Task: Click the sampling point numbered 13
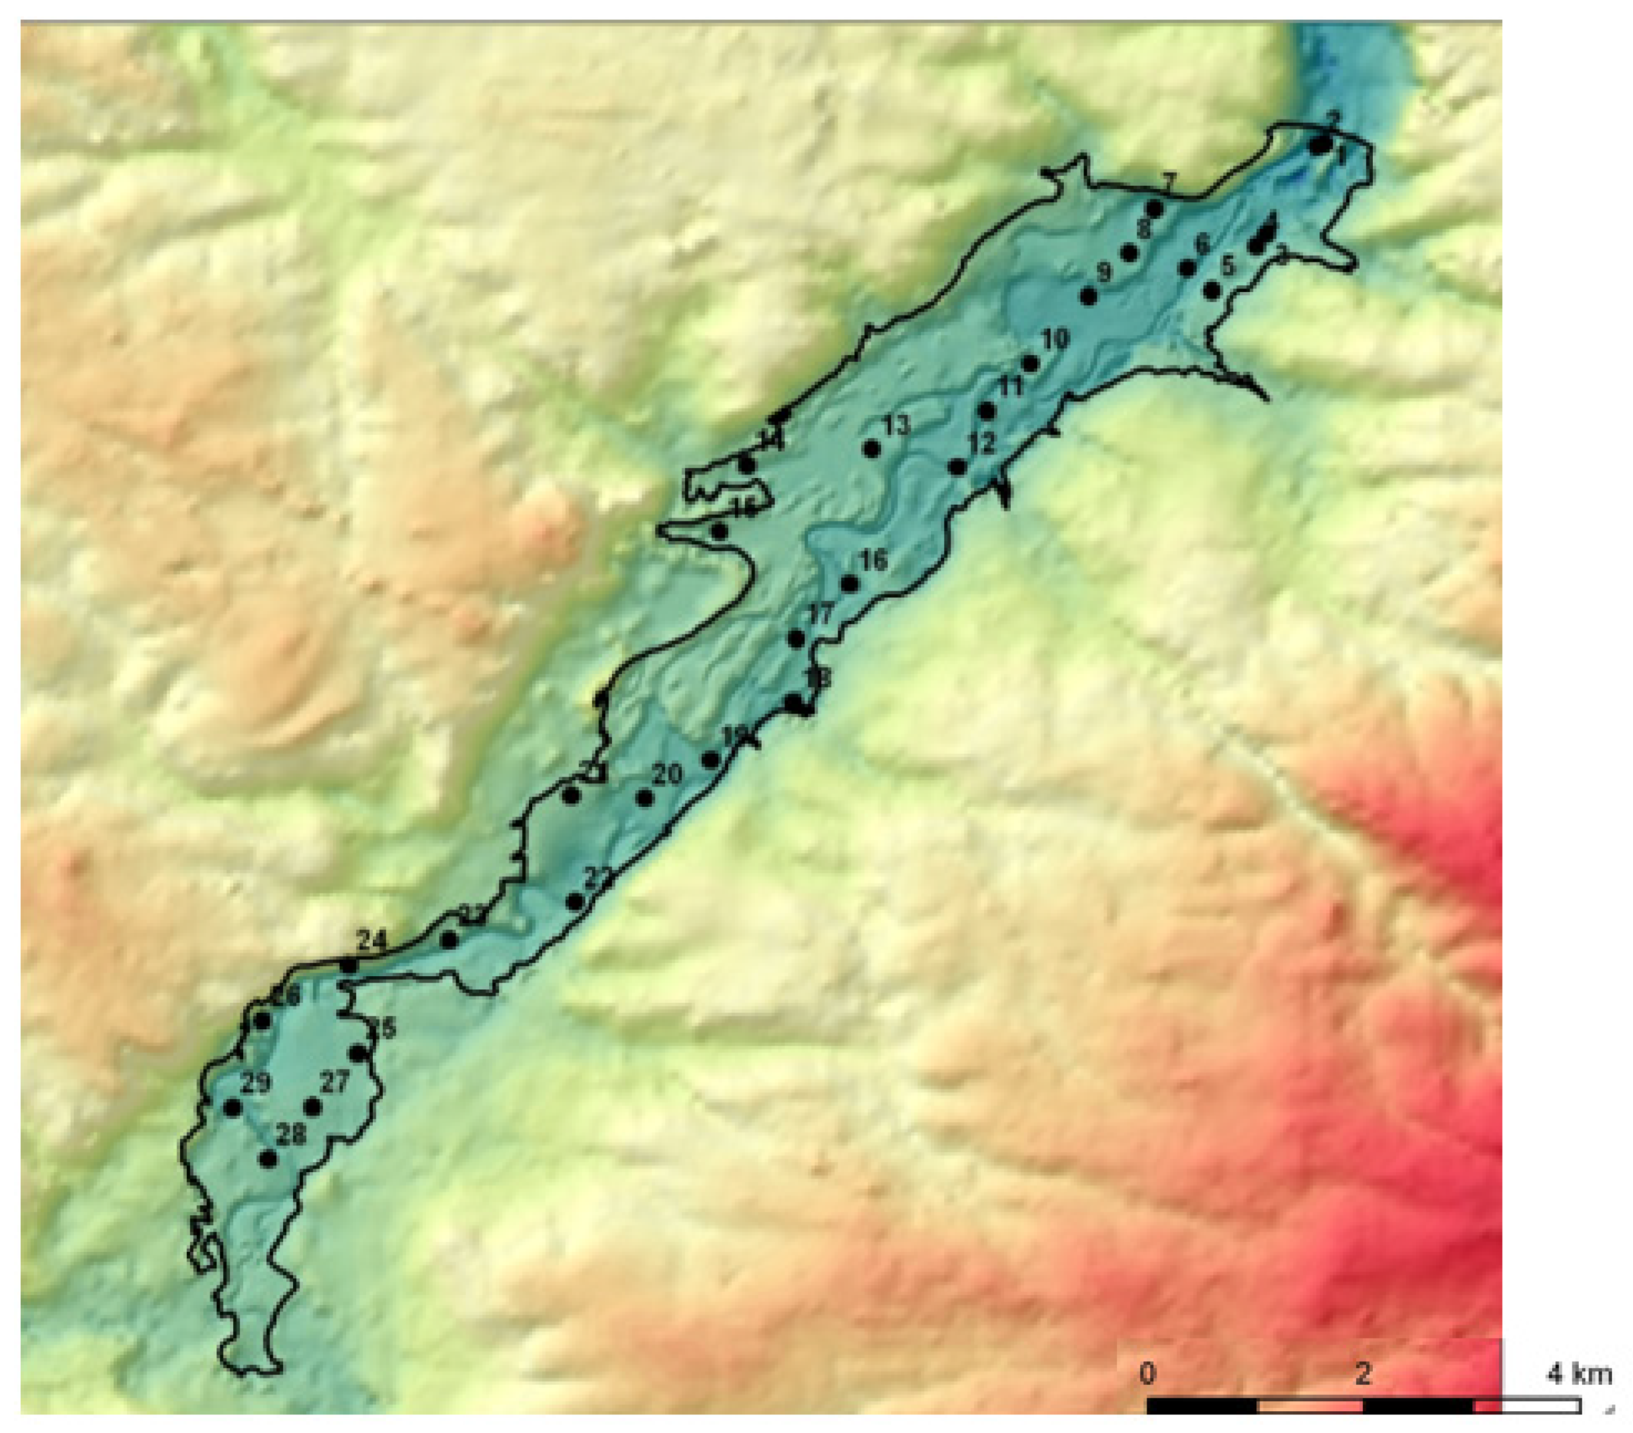tap(871, 449)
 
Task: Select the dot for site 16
tap(850, 584)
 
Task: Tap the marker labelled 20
tap(644, 797)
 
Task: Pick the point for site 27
tap(312, 1108)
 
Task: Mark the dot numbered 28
tap(268, 1158)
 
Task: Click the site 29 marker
tap(232, 1108)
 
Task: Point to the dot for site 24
tap(348, 966)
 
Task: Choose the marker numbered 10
tap(1030, 364)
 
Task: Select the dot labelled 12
tap(956, 467)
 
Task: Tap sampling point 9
tap(1087, 296)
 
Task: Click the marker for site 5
tap(1211, 291)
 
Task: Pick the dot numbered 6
tap(1187, 268)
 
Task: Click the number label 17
tap(821, 614)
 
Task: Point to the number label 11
tap(1011, 387)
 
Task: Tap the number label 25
tap(383, 1029)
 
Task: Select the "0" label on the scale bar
tap(1147, 1374)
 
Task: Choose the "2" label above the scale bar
tap(1363, 1374)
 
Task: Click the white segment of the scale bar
tap(1527, 1406)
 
